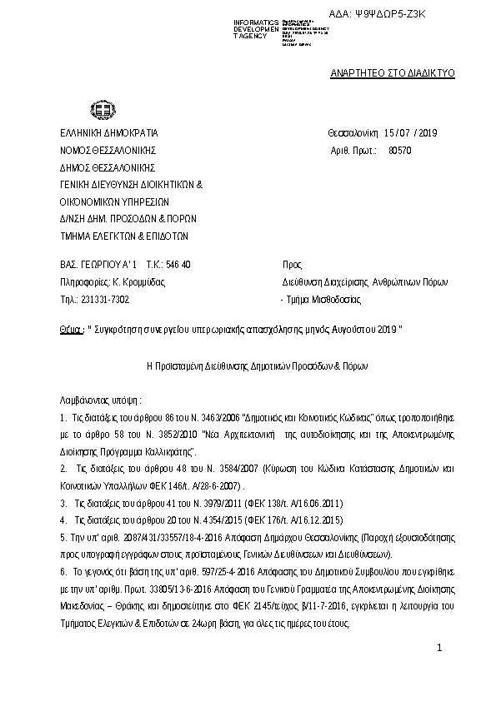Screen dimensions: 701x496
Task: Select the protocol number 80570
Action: pos(401,151)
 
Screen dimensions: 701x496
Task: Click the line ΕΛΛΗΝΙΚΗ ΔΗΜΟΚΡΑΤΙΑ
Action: pos(108,133)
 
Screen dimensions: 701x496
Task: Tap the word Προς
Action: pos(292,264)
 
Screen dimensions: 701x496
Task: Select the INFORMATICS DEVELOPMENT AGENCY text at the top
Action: pos(255,27)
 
